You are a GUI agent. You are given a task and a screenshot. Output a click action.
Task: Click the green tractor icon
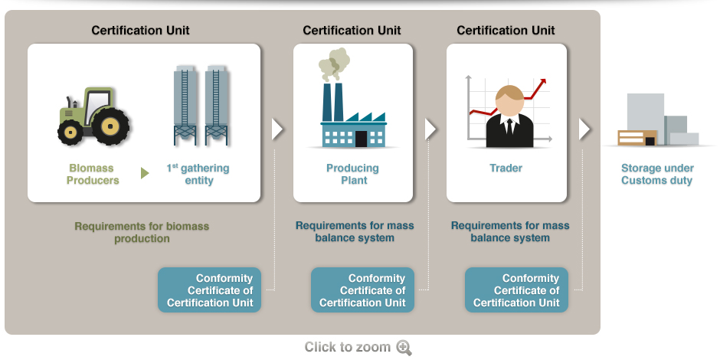pos(93,116)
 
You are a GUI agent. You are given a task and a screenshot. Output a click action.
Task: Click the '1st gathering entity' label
pos(198,175)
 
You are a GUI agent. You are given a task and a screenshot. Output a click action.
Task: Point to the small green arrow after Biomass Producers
pos(145,174)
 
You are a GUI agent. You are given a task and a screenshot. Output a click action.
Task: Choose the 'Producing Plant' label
pos(353,175)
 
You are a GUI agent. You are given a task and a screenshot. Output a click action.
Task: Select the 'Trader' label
pos(506,169)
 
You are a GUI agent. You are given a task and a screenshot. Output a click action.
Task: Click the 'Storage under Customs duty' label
pos(656,175)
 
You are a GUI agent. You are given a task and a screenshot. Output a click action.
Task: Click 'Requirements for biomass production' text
pos(142,232)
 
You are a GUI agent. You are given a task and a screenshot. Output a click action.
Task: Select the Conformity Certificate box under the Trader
pos(517,290)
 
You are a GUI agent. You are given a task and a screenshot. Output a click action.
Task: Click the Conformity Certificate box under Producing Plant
pos(363,290)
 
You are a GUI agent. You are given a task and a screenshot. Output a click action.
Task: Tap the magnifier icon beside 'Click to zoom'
pos(404,348)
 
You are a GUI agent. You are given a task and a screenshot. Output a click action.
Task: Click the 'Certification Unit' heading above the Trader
pos(506,31)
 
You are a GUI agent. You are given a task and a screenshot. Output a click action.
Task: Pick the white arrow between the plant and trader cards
pos(430,129)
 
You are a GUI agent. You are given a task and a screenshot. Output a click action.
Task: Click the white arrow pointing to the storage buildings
pos(584,129)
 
